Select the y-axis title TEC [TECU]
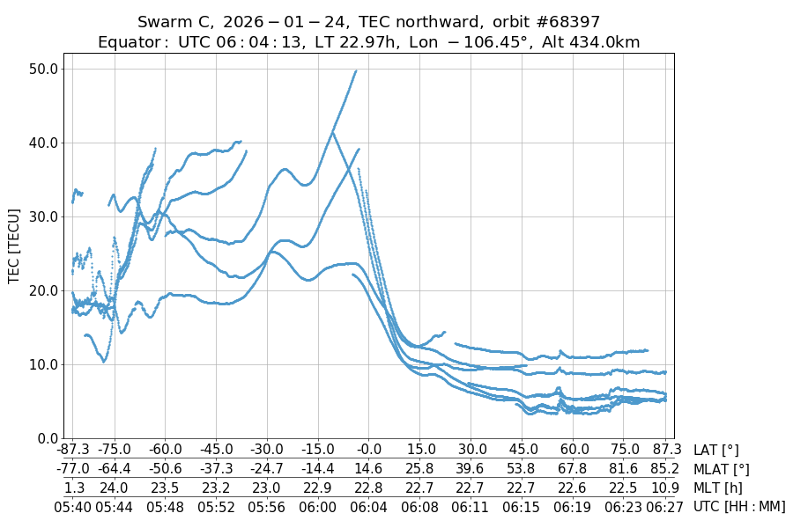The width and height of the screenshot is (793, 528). click(14, 246)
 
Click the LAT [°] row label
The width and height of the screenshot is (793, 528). click(716, 451)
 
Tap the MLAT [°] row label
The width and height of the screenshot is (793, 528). click(722, 469)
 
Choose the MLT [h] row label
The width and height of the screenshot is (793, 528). click(718, 488)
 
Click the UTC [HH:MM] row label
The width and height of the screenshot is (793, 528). click(738, 507)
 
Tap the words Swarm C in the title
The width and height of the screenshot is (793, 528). click(170, 22)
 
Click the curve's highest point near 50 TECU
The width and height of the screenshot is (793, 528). click(356, 71)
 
